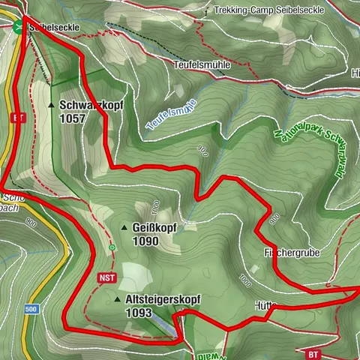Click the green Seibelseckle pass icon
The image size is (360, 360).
(x=16, y=27)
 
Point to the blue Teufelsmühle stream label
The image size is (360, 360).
(x=171, y=115)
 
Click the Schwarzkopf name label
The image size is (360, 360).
(x=90, y=106)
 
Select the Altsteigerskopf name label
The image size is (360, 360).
(x=166, y=299)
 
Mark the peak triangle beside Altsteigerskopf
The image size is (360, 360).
(x=117, y=299)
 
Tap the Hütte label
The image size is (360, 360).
(x=266, y=306)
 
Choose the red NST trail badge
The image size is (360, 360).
(x=104, y=277)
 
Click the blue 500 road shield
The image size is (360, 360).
(x=31, y=309)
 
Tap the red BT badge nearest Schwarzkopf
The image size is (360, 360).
(x=19, y=118)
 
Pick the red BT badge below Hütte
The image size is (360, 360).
(x=313, y=352)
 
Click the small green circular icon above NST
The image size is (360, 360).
(x=112, y=247)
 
